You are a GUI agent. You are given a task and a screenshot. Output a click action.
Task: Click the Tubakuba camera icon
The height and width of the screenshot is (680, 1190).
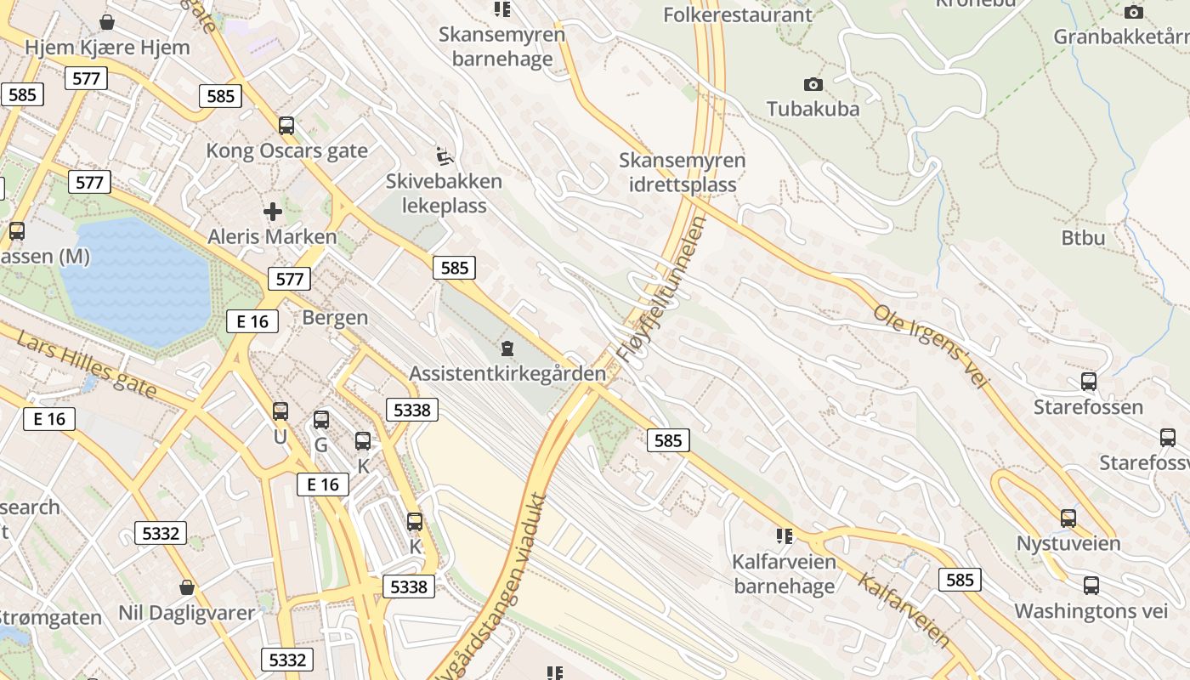pos(813,84)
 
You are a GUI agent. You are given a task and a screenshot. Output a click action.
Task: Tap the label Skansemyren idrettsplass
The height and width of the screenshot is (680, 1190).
pos(683,172)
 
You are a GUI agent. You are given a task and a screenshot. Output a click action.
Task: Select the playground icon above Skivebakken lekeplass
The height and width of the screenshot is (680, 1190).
pos(445,156)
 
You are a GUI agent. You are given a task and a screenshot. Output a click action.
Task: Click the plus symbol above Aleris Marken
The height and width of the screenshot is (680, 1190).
pos(273,212)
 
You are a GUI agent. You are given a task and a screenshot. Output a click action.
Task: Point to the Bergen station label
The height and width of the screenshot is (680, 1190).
pos(336,318)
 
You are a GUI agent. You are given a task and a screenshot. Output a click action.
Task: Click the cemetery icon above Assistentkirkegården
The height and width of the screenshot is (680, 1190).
pos(507,348)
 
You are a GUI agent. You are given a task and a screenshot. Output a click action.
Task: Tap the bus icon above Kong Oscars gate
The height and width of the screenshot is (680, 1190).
pos(286,126)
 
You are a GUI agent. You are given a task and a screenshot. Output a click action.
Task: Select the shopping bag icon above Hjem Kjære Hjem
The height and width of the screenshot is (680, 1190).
pos(107,22)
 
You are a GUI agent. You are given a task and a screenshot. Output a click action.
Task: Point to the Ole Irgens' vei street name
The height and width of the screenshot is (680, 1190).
pos(932,347)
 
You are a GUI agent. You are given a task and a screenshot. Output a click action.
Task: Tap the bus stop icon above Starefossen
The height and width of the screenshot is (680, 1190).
pos(1088,382)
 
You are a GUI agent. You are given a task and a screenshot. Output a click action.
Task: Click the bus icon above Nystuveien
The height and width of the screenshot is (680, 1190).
pos(1068,518)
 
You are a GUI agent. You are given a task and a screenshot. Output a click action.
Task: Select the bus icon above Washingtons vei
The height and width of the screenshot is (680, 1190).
pos(1091,586)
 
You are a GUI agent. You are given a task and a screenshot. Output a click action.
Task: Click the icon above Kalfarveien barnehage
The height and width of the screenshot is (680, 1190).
pos(784,536)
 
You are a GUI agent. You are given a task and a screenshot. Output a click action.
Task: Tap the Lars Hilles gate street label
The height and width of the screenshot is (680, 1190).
pos(87,365)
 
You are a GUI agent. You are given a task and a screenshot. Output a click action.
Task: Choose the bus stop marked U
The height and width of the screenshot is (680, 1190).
pos(280,412)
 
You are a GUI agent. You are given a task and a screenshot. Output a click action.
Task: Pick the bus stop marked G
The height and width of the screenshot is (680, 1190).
pos(320,420)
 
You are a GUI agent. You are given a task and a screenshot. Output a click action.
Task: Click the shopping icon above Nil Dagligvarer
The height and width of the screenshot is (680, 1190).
pos(187,587)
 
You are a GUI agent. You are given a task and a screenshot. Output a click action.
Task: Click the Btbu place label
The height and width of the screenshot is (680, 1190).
pos(1083,237)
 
